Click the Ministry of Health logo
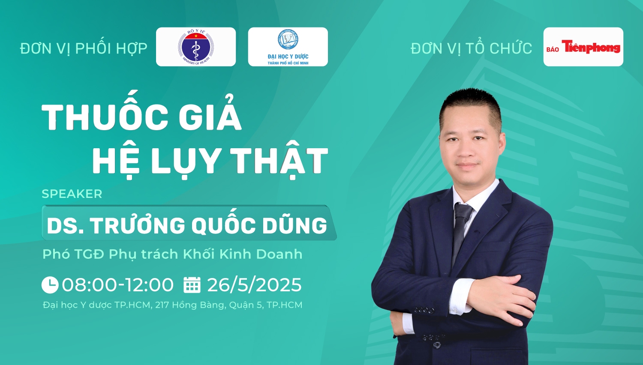[x=196, y=47]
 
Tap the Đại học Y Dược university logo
[x=288, y=47]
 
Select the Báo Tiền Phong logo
[x=583, y=47]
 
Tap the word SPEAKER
[x=72, y=194]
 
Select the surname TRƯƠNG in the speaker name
[x=138, y=225]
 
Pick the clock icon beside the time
[x=50, y=284]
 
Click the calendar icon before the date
[x=192, y=284]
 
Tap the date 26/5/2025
[x=254, y=284]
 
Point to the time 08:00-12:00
[x=118, y=284]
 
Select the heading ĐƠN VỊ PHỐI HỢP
[x=84, y=48]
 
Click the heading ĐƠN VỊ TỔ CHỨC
[x=472, y=48]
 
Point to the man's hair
[x=471, y=105]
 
